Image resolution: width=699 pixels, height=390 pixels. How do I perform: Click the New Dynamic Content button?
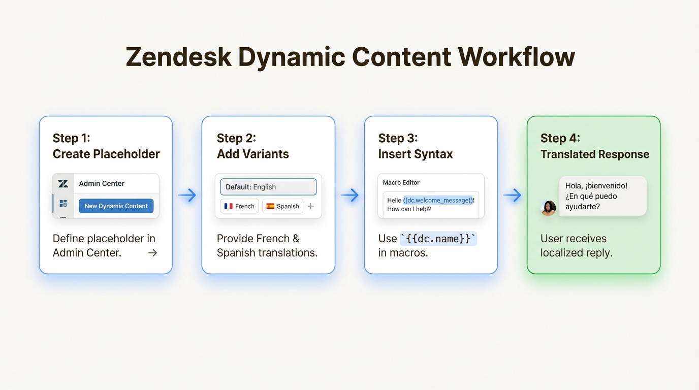point(116,206)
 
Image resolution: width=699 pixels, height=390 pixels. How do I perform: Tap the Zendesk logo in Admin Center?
point(63,183)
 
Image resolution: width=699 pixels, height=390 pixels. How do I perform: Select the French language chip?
point(239,206)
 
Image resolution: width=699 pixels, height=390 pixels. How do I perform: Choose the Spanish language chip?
point(282,206)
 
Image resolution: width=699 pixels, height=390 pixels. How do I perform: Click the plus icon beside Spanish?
point(311,206)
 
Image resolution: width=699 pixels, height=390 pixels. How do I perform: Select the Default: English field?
point(268,187)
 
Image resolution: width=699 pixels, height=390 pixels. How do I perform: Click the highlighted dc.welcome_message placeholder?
point(438,200)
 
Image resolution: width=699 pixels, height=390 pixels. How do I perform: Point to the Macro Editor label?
point(401,182)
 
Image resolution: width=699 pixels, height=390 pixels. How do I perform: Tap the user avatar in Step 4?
point(548,208)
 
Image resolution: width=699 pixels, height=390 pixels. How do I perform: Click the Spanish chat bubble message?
point(602,196)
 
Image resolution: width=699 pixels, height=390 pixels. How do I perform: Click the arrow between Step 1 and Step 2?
point(187,196)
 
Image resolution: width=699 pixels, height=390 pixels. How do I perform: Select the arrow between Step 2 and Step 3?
point(349,196)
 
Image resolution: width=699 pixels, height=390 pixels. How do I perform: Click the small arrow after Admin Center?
point(152,253)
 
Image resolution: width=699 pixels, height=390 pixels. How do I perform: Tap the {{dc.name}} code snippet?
point(438,239)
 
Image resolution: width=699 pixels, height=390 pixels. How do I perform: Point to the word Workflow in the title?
point(516,57)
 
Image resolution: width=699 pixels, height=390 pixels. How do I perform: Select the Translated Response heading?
point(594,154)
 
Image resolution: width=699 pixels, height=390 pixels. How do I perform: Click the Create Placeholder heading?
point(106,154)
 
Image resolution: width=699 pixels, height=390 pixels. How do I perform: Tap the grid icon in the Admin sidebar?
point(63,203)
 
